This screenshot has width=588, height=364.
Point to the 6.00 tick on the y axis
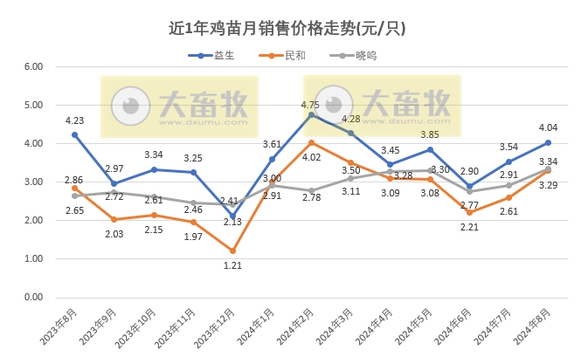coord(32,66)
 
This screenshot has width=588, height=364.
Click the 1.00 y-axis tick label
coord(32,259)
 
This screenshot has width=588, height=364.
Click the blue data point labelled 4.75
coord(312,114)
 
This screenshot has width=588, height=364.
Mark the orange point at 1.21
coord(233,251)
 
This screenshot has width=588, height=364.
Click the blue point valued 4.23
coord(75,134)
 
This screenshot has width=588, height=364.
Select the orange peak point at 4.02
coord(312,142)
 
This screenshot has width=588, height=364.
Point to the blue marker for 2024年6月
coord(469,186)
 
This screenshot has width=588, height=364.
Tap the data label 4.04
coord(548,127)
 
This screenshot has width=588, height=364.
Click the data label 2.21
coord(469,227)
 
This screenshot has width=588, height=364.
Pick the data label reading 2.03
coord(114,234)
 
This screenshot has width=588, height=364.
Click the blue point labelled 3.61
coord(273,159)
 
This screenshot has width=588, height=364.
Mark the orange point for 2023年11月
coord(194,222)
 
